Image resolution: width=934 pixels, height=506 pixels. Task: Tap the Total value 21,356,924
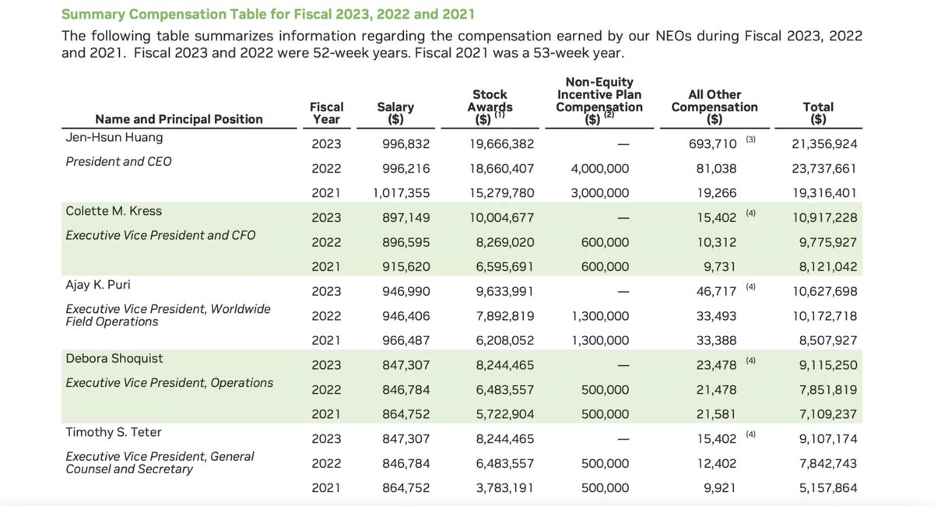pos(824,144)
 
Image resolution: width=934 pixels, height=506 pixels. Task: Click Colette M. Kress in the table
pos(114,211)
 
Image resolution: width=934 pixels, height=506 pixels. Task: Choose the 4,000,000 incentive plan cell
pos(599,169)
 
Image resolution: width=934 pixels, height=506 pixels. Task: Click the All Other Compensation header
pos(714,107)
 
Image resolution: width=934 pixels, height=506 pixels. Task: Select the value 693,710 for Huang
pos(713,144)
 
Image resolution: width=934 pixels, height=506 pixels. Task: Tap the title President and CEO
pos(118,161)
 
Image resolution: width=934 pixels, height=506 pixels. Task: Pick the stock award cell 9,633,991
pos(504,292)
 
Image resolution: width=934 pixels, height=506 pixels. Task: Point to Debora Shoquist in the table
pos(114,358)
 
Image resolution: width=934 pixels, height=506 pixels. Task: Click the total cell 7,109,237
pos(828,415)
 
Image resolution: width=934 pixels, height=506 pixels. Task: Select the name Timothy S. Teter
pos(114,432)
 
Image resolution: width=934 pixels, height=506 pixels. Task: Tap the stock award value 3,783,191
pos(504,488)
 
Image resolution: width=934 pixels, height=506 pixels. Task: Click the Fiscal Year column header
pos(326,113)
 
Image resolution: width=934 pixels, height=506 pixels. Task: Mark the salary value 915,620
pos(406,267)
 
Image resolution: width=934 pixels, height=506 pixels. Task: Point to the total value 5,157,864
pos(828,488)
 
